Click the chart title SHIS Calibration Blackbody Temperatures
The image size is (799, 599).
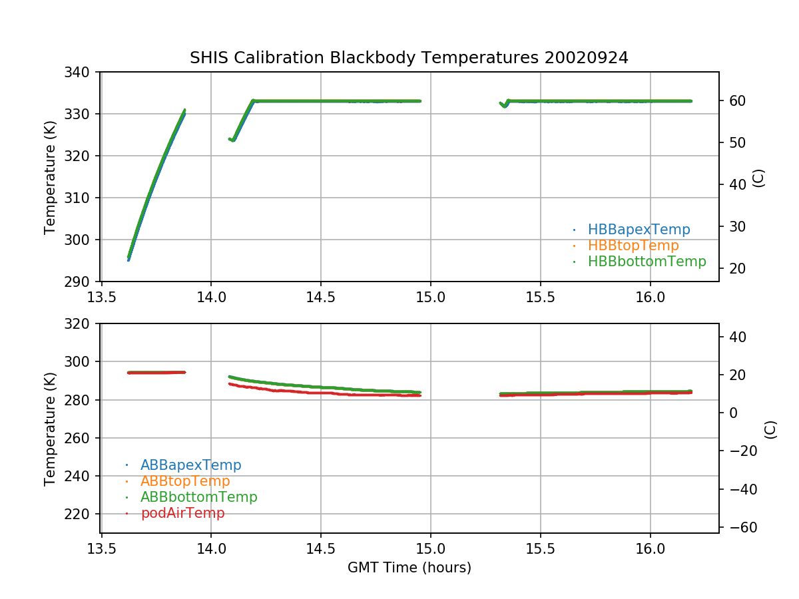click(409, 58)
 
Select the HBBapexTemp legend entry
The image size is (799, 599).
click(639, 230)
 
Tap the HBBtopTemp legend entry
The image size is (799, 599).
click(633, 246)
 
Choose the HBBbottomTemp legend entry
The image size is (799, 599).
click(647, 262)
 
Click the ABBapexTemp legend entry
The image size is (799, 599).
click(190, 465)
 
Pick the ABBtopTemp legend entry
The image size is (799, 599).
click(185, 481)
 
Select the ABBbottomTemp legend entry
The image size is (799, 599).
click(198, 497)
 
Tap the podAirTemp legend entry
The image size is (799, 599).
click(182, 513)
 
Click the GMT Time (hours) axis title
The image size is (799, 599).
click(409, 568)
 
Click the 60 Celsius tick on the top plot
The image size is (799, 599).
click(734, 100)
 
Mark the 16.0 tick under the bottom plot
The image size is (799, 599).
click(650, 549)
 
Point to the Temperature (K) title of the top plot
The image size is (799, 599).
click(50, 176)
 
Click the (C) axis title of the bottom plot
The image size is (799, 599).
click(770, 429)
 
